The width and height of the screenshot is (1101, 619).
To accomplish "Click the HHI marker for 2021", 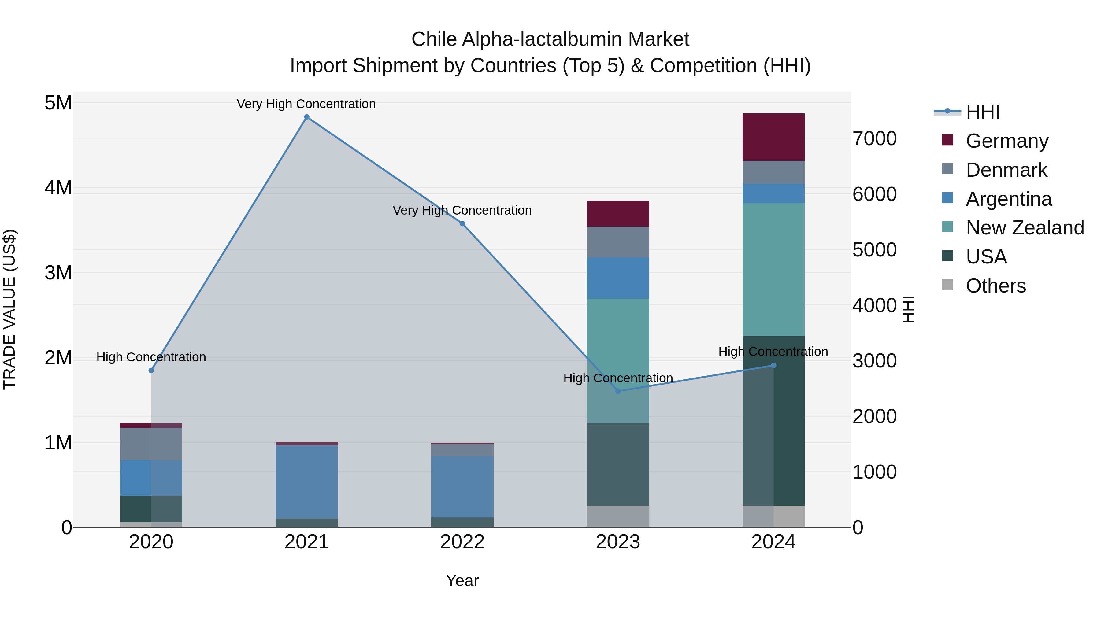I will click(306, 117).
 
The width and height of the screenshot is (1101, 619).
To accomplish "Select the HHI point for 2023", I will click(617, 391).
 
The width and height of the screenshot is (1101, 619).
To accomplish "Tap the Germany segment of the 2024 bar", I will click(773, 137).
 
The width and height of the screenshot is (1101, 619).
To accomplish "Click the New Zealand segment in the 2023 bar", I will click(617, 361).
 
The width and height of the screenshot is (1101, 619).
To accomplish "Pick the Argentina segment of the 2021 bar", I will click(306, 482).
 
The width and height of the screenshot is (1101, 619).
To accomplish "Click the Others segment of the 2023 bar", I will click(617, 517).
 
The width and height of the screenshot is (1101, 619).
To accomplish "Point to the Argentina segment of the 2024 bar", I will click(773, 193).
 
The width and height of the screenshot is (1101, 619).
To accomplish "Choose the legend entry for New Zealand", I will click(1025, 228).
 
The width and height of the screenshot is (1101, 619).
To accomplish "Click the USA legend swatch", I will click(947, 256).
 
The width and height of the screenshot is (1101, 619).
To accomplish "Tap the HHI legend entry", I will click(982, 112).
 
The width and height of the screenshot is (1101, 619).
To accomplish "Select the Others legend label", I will click(995, 286).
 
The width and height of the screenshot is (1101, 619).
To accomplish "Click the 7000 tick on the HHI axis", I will click(874, 139).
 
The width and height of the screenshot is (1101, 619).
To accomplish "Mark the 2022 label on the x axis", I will click(462, 542).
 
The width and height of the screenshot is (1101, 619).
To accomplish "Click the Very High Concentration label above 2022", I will click(462, 210).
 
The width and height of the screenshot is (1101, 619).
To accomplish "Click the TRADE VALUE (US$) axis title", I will click(9, 309).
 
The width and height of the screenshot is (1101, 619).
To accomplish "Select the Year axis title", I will click(462, 580).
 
